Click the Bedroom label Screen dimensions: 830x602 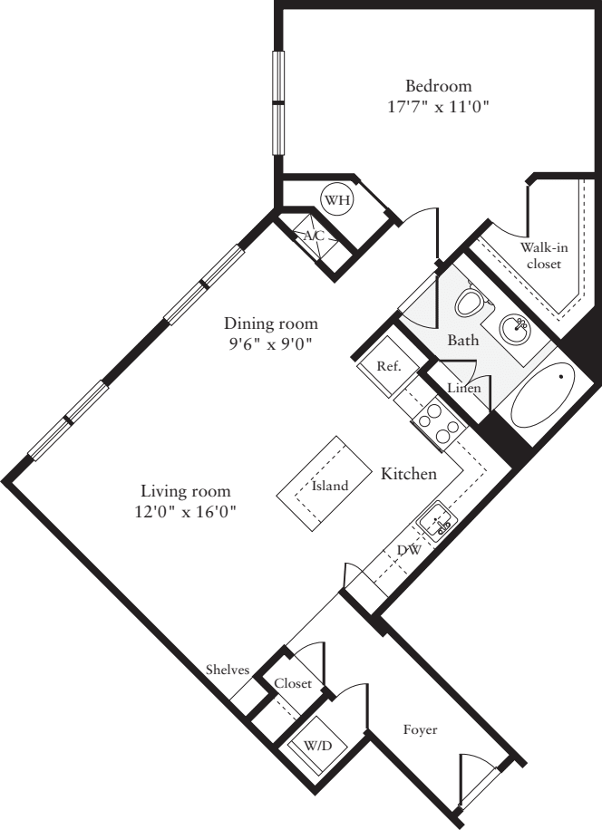click(438, 87)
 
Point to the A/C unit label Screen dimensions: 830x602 click(314, 236)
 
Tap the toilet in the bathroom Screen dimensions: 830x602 click(469, 302)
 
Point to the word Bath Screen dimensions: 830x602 click(463, 342)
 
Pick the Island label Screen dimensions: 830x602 click(330, 486)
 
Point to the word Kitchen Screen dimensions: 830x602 click(409, 474)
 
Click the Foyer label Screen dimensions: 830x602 click(420, 729)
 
